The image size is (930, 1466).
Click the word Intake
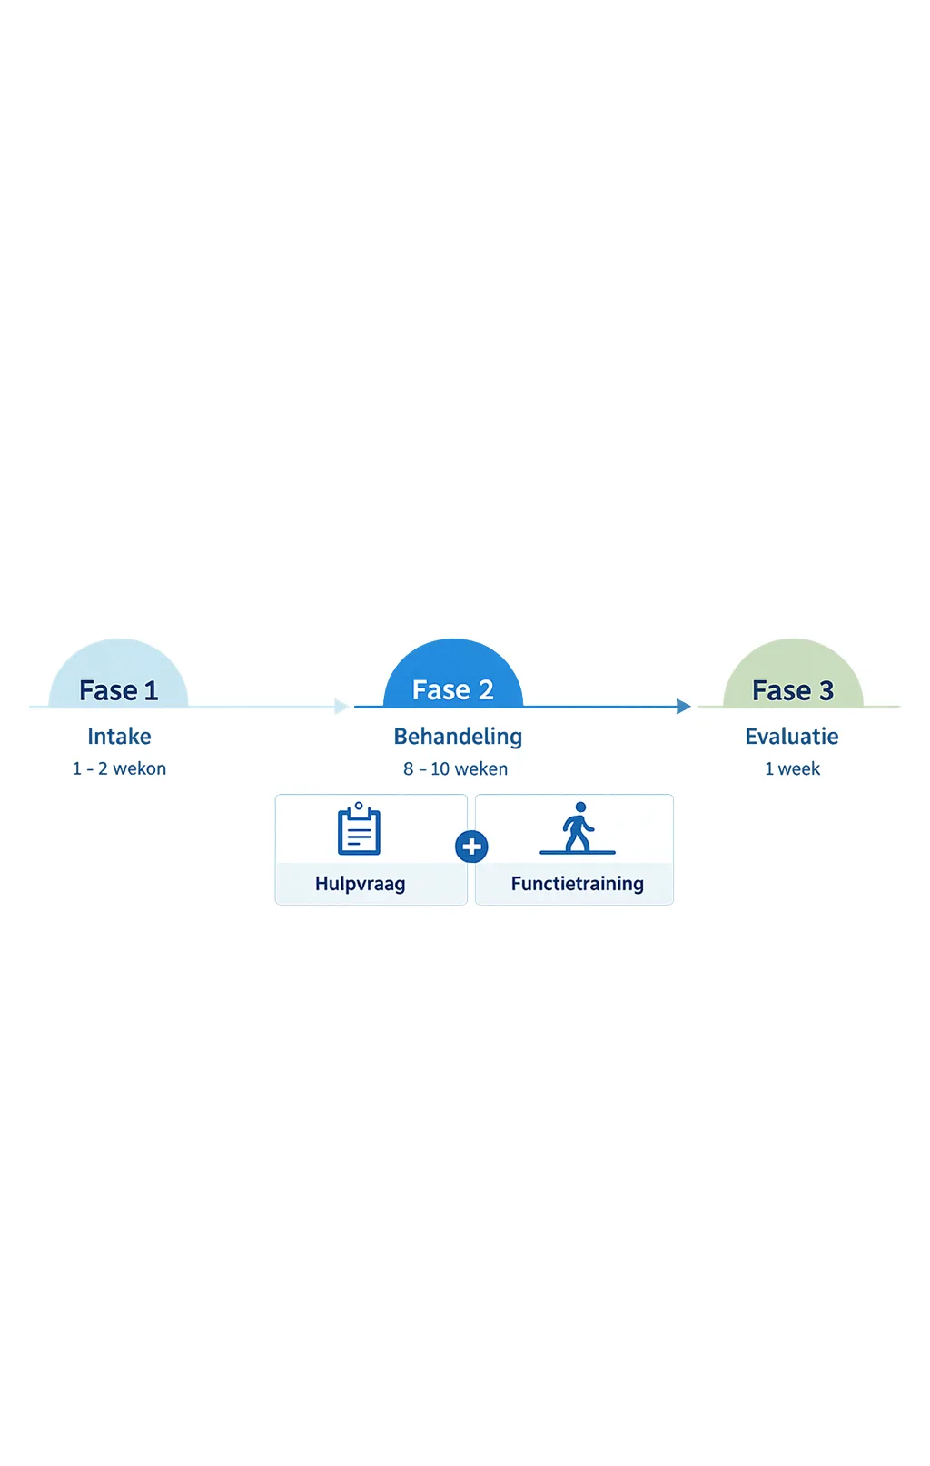[119, 737]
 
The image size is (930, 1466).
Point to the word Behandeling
[458, 737]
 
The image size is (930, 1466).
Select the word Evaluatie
[792, 737]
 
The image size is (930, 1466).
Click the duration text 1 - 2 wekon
[119, 768]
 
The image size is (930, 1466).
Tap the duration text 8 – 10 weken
[456, 768]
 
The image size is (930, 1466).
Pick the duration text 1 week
[793, 768]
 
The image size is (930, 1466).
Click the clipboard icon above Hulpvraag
[359, 828]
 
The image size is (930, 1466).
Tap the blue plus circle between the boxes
[471, 847]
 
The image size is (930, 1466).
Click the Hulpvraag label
[360, 884]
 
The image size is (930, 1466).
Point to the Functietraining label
[578, 884]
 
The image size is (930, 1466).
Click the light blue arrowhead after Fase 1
[341, 706]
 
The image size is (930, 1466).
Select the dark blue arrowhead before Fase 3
[684, 706]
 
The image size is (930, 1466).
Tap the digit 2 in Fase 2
[486, 689]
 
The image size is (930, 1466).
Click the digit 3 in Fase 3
[826, 690]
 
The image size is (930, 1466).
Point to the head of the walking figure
[580, 807]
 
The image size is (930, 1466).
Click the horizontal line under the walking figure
[578, 852]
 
